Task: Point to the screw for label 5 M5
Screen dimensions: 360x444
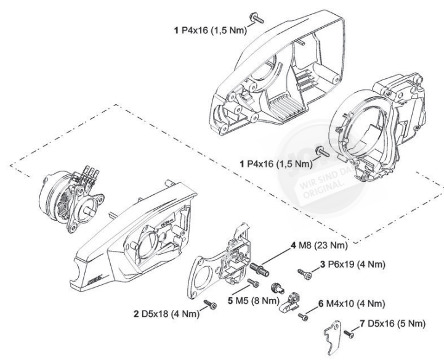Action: point(252,284)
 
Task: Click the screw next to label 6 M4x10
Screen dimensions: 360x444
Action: point(302,316)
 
